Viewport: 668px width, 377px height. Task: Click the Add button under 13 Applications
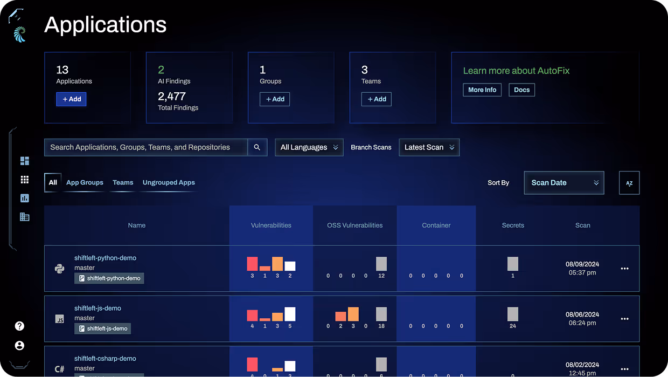(71, 99)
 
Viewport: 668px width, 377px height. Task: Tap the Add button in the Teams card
(376, 99)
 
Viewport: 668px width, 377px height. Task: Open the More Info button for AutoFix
(482, 90)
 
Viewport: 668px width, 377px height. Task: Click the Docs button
(521, 90)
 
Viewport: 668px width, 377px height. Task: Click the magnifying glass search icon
(257, 147)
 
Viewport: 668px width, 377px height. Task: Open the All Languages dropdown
(309, 147)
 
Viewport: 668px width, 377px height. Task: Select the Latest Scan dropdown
(429, 147)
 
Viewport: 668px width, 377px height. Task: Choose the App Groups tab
(85, 182)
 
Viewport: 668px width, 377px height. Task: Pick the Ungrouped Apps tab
(169, 182)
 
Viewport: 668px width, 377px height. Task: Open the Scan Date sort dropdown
(563, 183)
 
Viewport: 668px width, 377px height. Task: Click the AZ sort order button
(629, 183)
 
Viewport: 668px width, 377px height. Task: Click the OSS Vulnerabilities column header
(354, 225)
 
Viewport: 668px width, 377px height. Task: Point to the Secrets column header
(512, 225)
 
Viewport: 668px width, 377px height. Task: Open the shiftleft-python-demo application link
(105, 258)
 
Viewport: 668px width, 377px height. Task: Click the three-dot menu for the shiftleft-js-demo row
(624, 319)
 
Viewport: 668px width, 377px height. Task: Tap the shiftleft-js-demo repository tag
(102, 328)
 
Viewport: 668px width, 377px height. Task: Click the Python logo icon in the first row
(60, 269)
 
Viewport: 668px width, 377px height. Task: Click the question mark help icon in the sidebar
(19, 326)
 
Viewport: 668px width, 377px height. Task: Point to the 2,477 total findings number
(171, 97)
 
